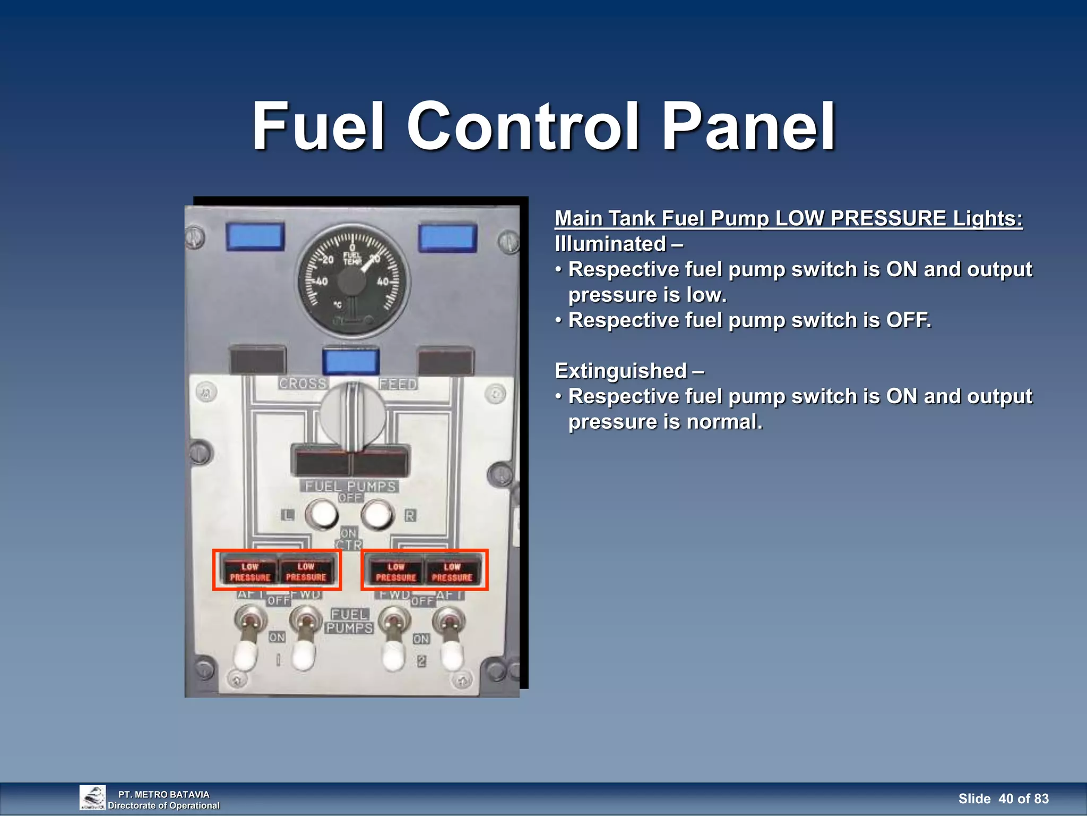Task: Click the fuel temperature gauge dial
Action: pos(352,280)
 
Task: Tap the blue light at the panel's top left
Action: pos(255,237)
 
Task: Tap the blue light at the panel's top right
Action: pos(447,238)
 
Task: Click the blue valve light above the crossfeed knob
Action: pos(351,362)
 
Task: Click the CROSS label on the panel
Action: pos(303,383)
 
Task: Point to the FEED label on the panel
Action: pos(398,384)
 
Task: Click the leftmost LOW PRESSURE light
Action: pos(249,572)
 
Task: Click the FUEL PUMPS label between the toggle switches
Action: pos(349,621)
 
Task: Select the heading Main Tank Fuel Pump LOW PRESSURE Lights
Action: pos(788,218)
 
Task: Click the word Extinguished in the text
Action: pos(620,371)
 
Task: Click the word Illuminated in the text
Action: pos(610,244)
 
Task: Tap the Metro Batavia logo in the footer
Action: pos(92,797)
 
